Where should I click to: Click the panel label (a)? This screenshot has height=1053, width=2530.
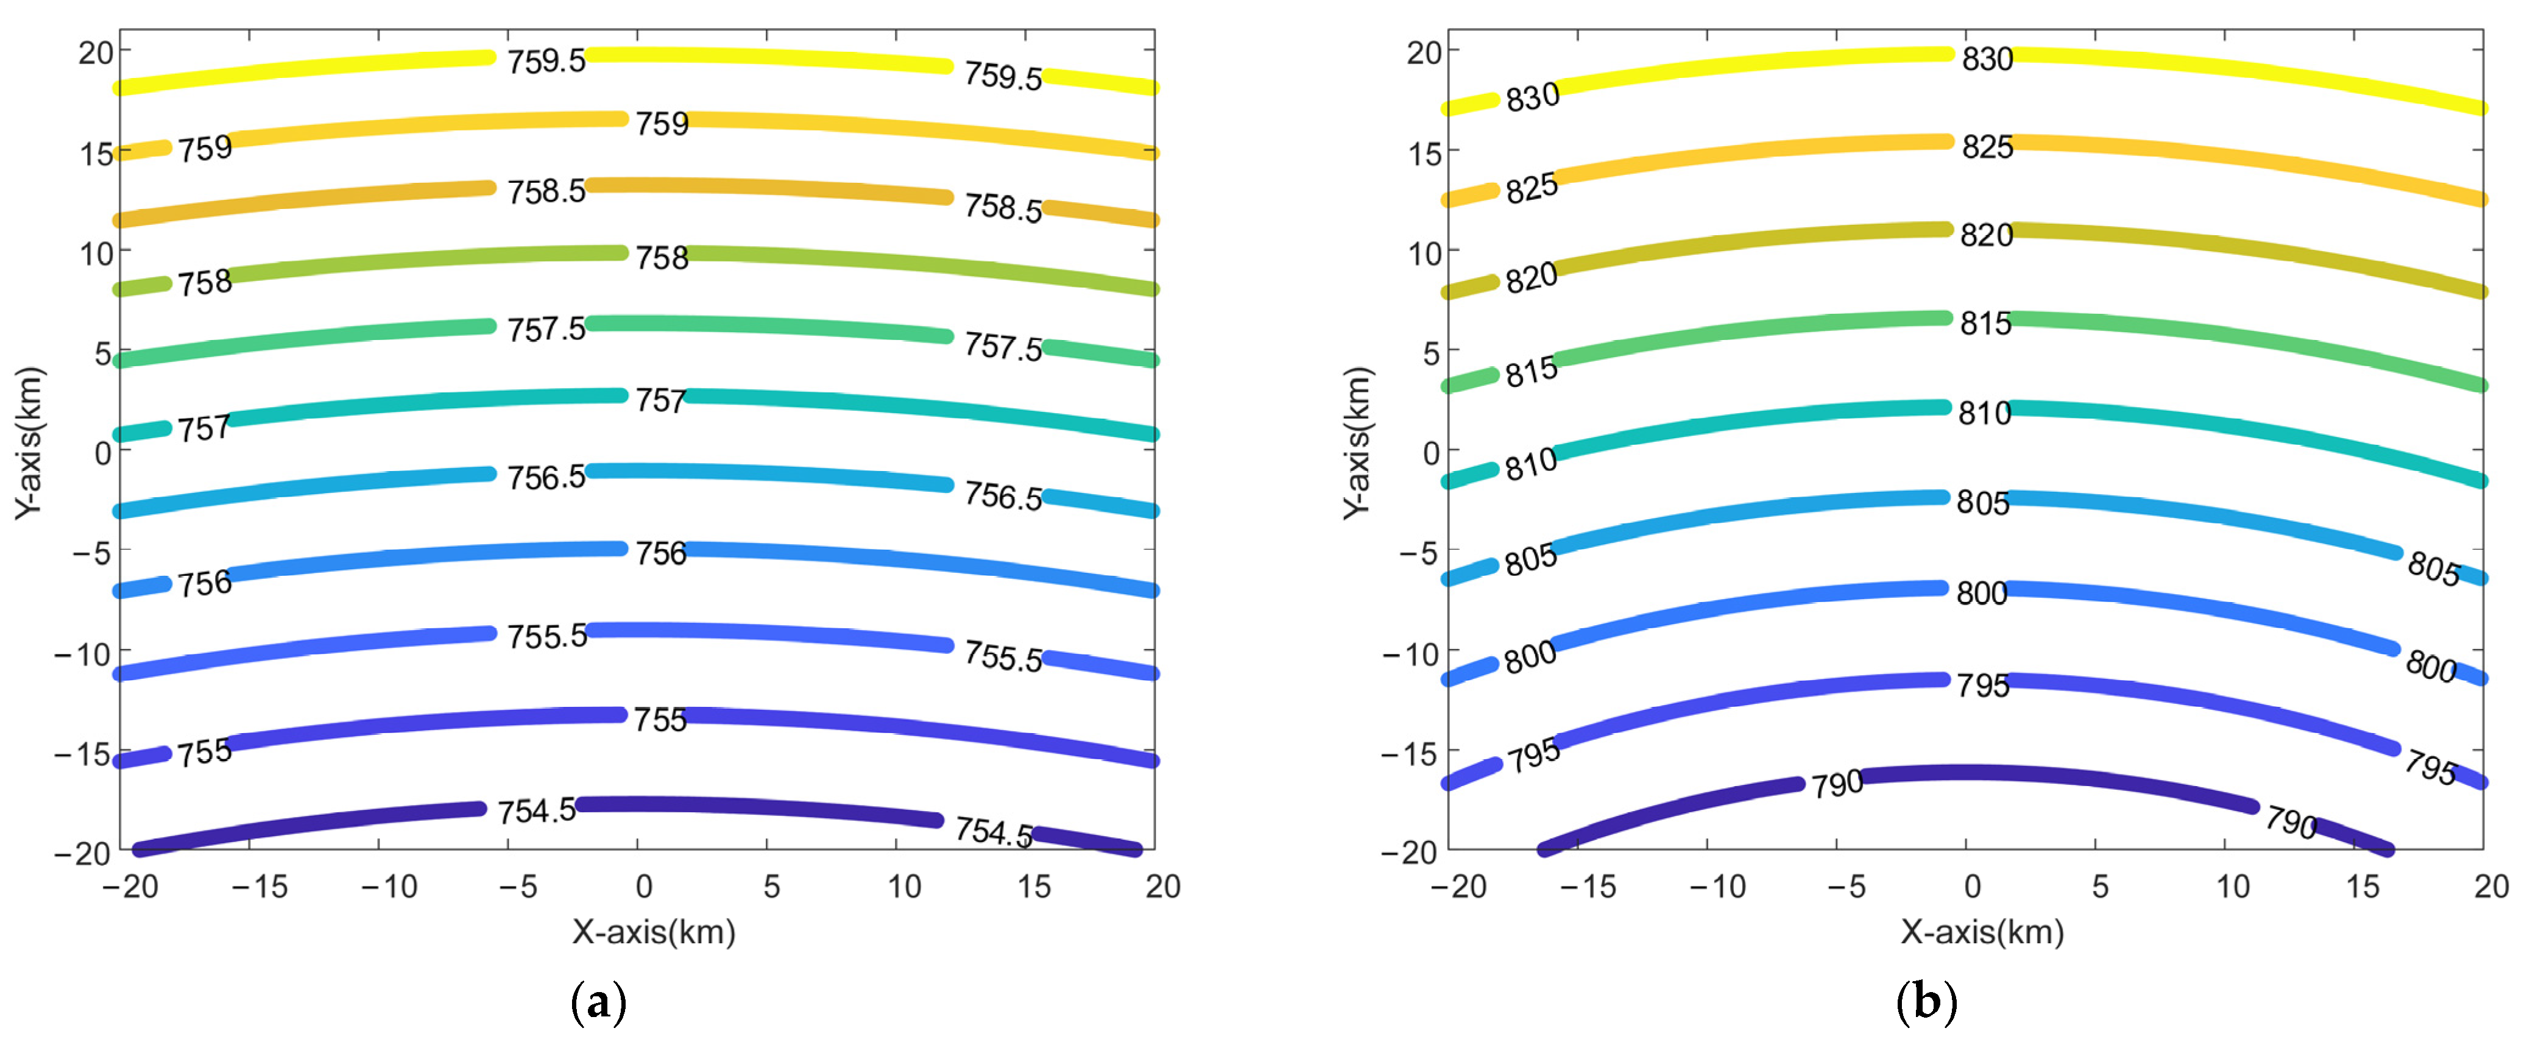point(598,1003)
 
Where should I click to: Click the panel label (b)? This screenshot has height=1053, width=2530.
point(1926,1003)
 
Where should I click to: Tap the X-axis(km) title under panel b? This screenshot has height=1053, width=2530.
point(1982,931)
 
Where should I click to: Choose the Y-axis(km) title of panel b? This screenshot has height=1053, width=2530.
point(1359,442)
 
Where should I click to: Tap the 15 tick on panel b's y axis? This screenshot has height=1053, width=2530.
point(1424,153)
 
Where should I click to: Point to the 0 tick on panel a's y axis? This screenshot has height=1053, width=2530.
point(102,453)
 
